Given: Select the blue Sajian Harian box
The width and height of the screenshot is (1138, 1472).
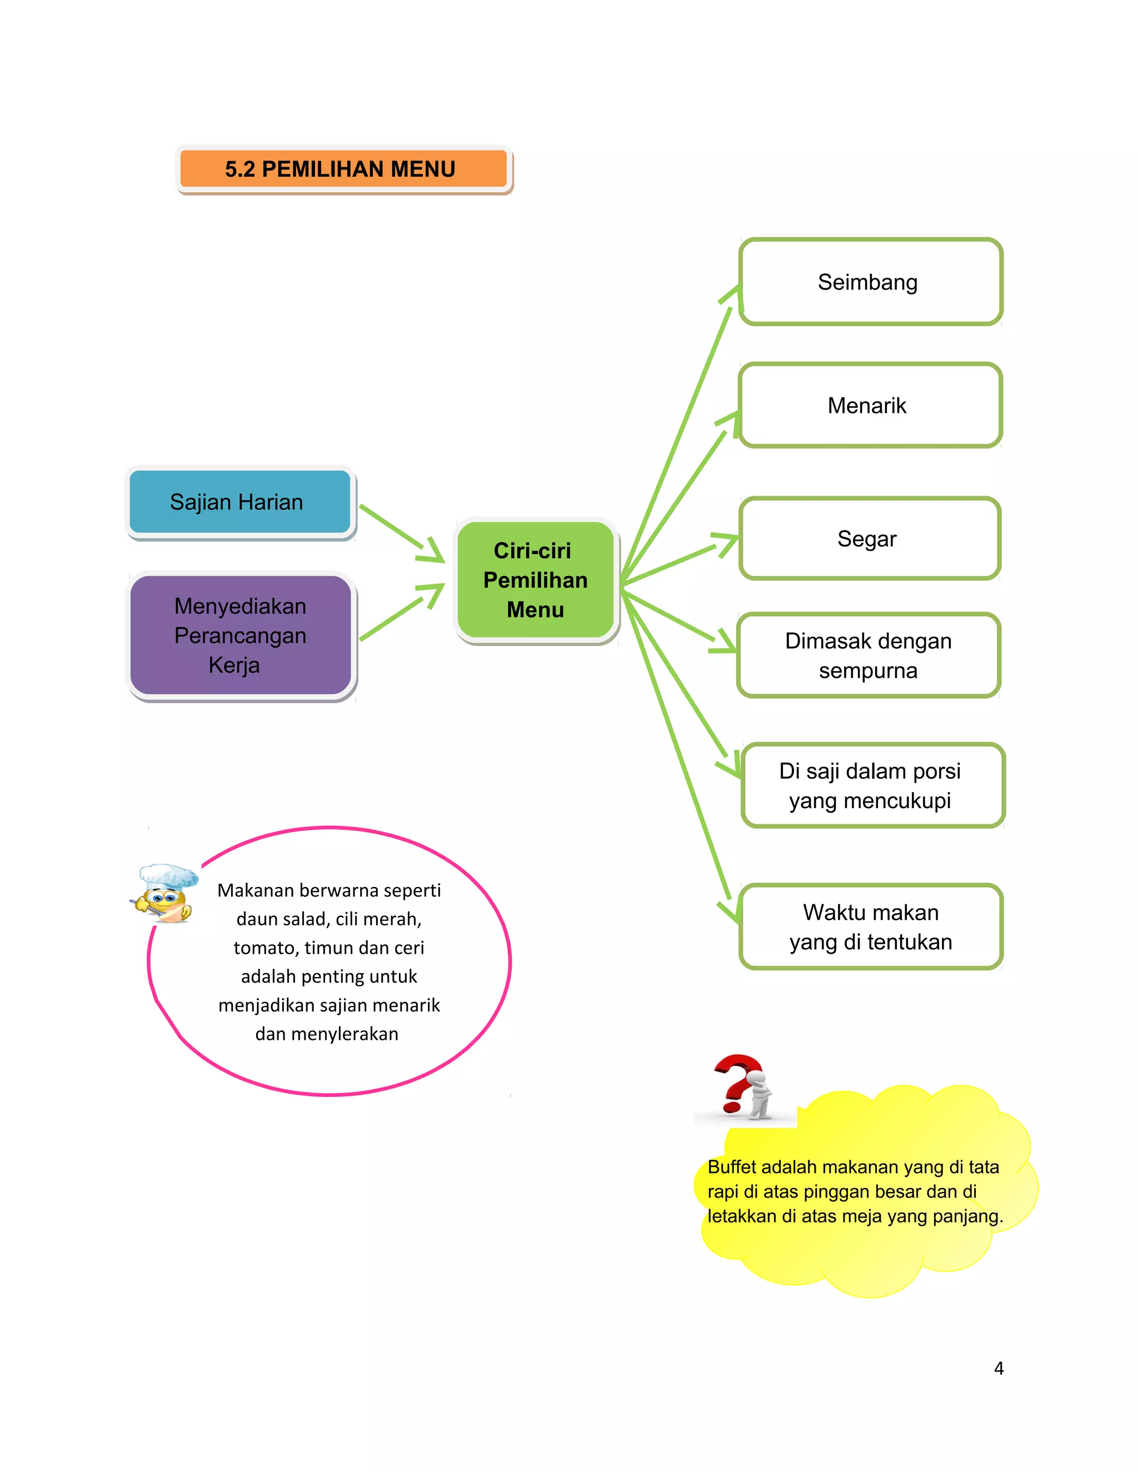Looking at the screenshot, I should coord(239,502).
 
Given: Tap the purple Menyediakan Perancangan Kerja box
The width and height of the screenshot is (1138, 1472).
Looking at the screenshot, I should coord(241,635).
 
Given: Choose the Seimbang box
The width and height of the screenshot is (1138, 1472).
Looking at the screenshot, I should coord(870,282).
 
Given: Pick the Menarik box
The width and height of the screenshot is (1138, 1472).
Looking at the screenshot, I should coord(870,405).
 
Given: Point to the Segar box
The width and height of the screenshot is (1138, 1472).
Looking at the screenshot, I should coord(870,538).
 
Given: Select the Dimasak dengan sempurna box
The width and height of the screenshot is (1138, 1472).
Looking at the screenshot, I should coord(869,655).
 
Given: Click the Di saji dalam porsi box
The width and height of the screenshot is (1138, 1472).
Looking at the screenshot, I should coord(872,785).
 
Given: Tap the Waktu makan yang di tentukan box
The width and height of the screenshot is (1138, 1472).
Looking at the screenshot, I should coord(871,927).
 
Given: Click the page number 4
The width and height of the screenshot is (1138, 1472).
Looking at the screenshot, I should coord(999,1368).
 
